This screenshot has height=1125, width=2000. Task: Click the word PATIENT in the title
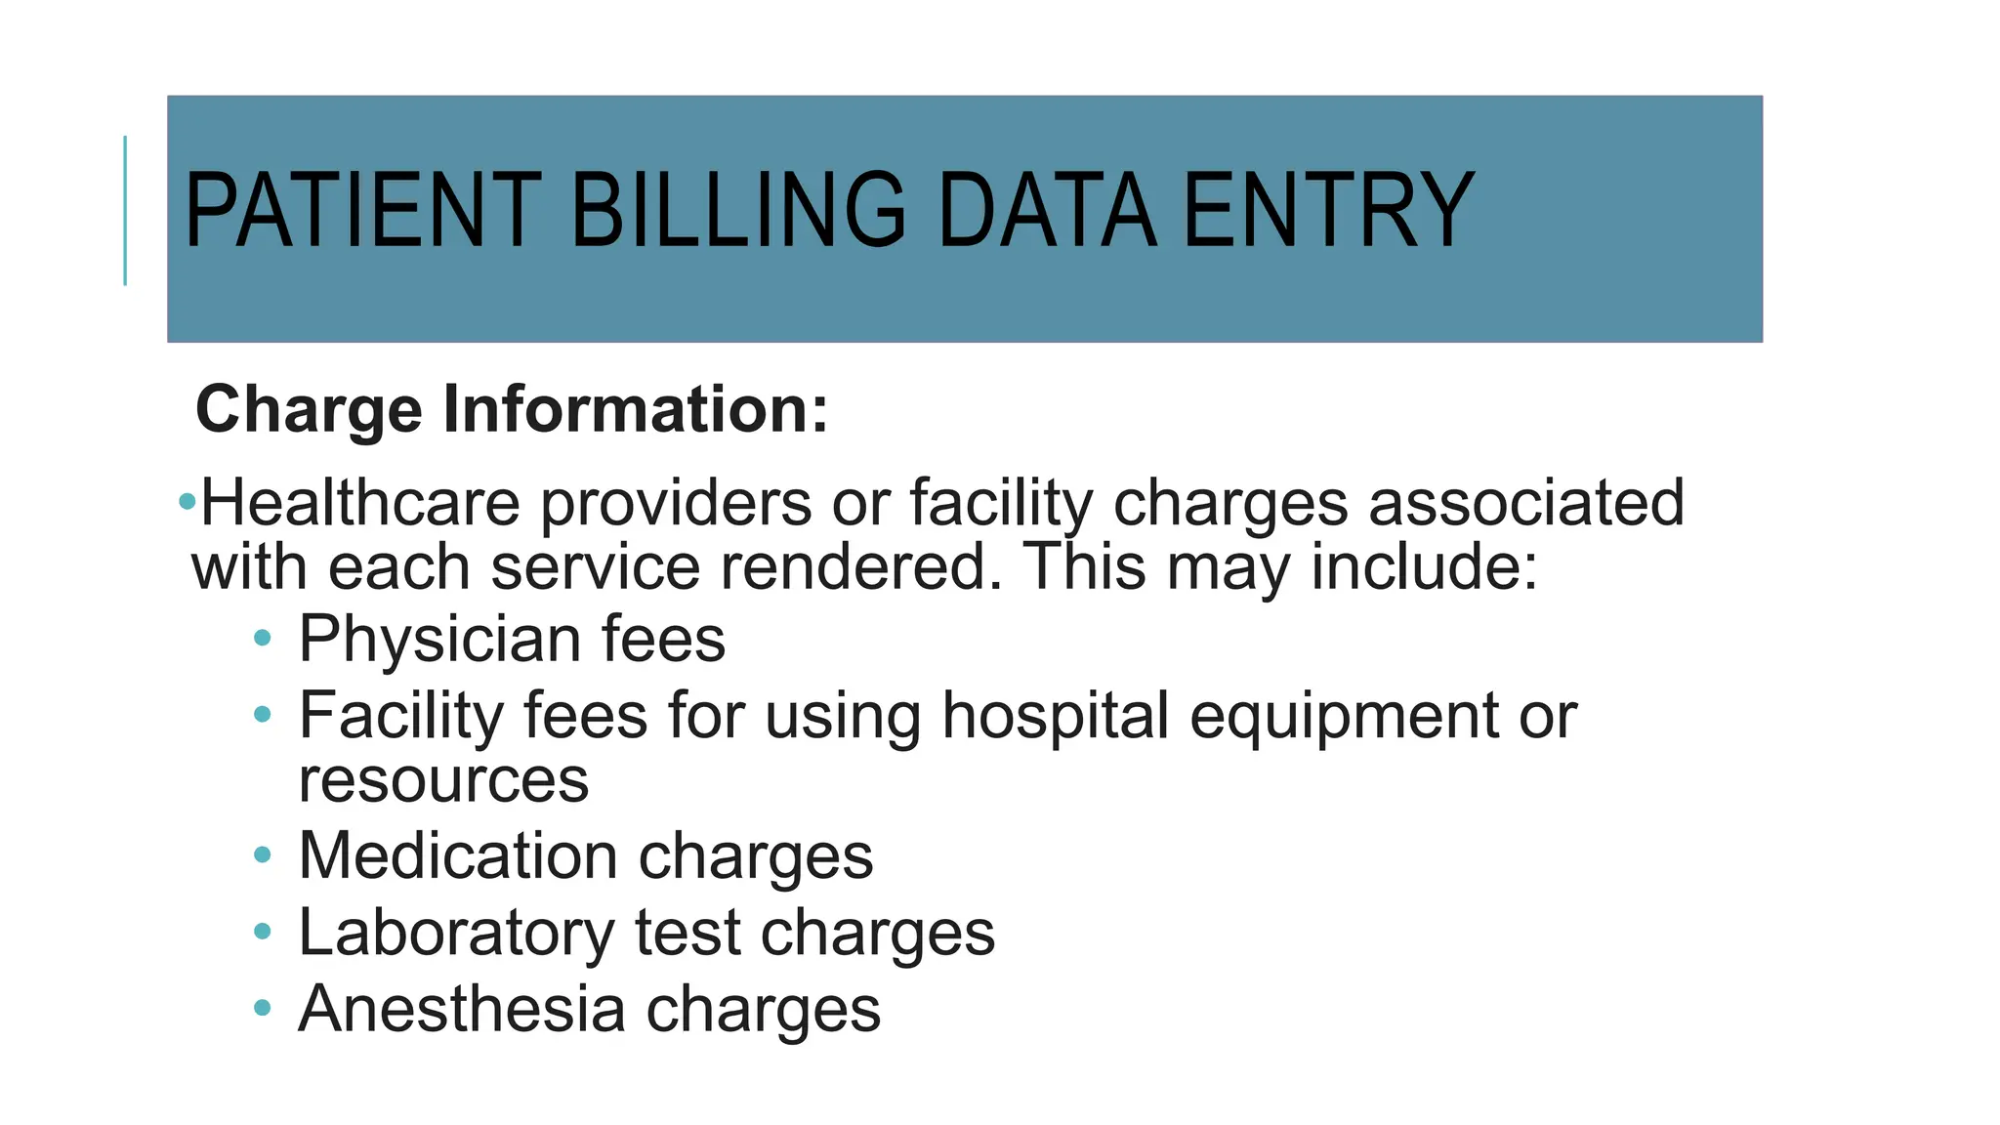(362, 210)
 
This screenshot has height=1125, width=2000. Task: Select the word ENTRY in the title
(1328, 210)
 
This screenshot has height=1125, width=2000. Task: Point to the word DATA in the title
(1046, 210)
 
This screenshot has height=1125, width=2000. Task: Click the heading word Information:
(636, 409)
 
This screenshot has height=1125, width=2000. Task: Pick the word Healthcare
(359, 503)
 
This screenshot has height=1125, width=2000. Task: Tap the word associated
(1526, 503)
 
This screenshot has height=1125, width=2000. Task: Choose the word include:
(1424, 567)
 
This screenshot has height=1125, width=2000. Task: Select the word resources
(443, 781)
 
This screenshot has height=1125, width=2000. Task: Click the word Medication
(458, 856)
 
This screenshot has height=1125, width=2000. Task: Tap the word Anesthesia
(462, 1009)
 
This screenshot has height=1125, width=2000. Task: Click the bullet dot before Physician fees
(262, 639)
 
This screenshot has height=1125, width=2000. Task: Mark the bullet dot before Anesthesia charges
(262, 1008)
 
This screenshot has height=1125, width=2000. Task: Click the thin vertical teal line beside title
(125, 211)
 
